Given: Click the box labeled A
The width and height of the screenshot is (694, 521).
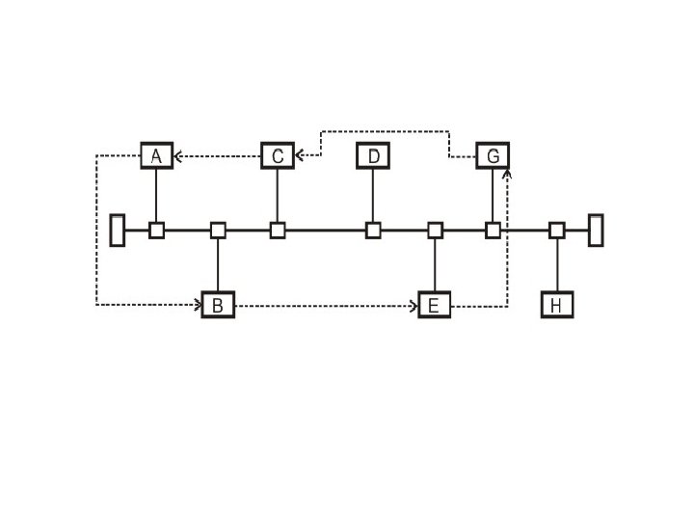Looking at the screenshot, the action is (156, 154).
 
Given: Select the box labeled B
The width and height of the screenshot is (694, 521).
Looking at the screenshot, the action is (218, 306).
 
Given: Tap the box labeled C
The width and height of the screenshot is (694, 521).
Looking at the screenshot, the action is (278, 154).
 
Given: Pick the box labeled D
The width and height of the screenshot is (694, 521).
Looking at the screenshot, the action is (373, 154).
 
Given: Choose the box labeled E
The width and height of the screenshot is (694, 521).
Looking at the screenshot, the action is (435, 306).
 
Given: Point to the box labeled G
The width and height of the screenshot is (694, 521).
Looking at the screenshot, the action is (493, 154).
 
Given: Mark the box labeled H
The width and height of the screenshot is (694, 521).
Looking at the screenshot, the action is (557, 306).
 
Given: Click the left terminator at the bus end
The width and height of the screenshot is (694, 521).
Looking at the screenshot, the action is (118, 231).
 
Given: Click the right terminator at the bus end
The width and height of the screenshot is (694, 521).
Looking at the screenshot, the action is (596, 231).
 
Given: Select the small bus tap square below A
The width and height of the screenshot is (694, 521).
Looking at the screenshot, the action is (156, 231).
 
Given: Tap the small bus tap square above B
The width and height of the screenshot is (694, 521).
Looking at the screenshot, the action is (218, 231).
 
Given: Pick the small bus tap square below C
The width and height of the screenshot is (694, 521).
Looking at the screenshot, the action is (278, 231).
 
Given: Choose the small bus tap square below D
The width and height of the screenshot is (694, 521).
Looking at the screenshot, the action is (373, 231).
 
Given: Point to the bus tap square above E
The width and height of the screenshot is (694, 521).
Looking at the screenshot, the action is (435, 231).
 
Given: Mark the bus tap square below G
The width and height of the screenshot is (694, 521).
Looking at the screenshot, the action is (493, 231).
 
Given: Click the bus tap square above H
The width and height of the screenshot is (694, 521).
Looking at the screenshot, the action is (557, 231).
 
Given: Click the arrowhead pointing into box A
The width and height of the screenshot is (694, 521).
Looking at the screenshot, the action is (177, 154).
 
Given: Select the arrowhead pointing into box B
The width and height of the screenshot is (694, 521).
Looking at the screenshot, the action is (198, 306).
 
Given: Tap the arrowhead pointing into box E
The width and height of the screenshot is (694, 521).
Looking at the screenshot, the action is (414, 306).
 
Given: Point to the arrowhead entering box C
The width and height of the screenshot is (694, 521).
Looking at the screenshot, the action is (299, 154).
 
